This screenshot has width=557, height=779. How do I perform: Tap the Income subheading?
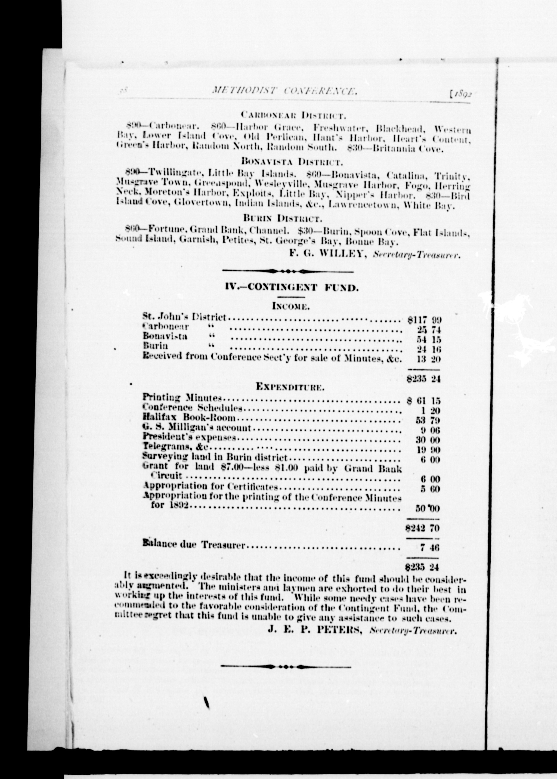pyautogui.click(x=291, y=306)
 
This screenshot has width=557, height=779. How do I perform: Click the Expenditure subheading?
pyautogui.click(x=290, y=387)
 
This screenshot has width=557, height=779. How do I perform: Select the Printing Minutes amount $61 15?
pyautogui.click(x=424, y=401)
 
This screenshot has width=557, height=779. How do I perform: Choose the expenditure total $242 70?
pyautogui.click(x=423, y=528)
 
